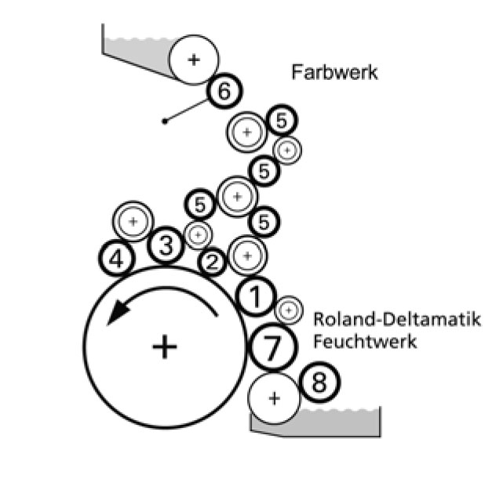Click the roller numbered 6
click(x=224, y=92)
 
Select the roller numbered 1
click(x=255, y=296)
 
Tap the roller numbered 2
click(x=212, y=262)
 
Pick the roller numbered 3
click(x=166, y=246)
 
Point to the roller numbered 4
click(x=118, y=258)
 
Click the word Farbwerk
click(x=335, y=73)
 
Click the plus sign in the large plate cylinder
click(x=164, y=346)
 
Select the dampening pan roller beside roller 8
click(x=274, y=398)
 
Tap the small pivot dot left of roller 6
click(x=164, y=121)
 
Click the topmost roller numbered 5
click(x=281, y=121)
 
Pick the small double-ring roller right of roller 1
click(x=289, y=310)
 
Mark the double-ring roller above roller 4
click(x=133, y=222)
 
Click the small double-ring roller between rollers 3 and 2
click(x=197, y=234)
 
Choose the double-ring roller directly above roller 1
click(x=248, y=254)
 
